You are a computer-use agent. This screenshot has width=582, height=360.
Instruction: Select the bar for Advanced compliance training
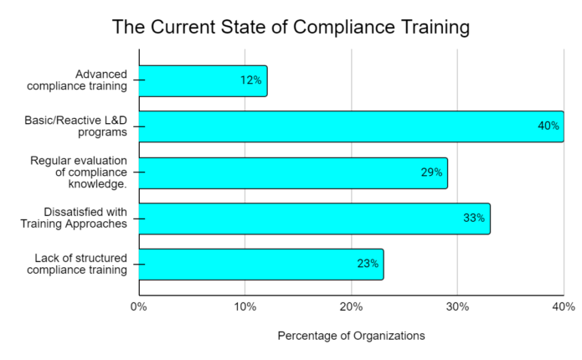point(203,80)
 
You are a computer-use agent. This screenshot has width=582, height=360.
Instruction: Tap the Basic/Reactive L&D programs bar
point(351,126)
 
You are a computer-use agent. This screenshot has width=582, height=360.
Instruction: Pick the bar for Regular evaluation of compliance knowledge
point(293,172)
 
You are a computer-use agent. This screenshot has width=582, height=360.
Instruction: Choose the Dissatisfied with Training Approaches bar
point(314,218)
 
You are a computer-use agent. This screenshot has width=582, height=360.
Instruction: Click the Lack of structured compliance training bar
point(261,264)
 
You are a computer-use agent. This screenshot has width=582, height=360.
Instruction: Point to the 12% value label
point(250,80)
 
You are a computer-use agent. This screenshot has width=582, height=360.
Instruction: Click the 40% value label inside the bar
point(548,126)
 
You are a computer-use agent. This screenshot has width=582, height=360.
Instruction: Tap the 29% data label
point(430,172)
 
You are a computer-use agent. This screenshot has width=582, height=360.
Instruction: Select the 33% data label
point(473,218)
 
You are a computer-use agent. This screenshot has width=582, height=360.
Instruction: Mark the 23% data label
point(367,264)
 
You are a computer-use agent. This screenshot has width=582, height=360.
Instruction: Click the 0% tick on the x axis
point(139,306)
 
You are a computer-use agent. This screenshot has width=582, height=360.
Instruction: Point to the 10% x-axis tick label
point(245,306)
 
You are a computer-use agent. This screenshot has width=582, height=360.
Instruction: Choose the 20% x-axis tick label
point(352,306)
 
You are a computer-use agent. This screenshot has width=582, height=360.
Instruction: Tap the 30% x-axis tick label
point(457,306)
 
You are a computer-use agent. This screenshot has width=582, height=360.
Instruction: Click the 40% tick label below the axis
point(562,306)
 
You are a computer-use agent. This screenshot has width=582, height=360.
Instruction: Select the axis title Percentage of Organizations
point(351,336)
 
